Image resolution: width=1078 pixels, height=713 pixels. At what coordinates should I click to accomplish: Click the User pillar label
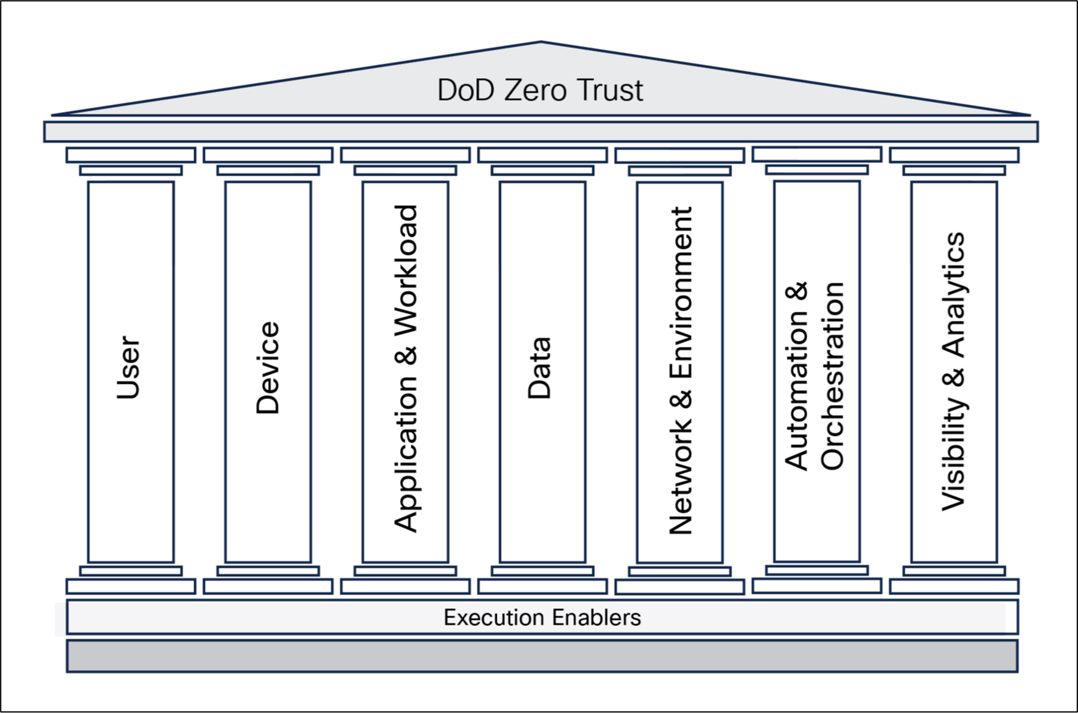(128, 368)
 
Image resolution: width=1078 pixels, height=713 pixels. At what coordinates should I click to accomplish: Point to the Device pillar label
(268, 368)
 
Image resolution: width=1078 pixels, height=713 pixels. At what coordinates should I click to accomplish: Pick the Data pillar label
(540, 368)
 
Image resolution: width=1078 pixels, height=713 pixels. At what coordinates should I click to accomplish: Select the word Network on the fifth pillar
(680, 478)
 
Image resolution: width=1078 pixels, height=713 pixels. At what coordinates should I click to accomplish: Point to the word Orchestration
(833, 375)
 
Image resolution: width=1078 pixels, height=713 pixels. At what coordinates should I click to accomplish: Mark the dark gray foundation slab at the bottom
(542, 656)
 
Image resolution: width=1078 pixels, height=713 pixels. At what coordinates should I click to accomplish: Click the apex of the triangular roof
(541, 44)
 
